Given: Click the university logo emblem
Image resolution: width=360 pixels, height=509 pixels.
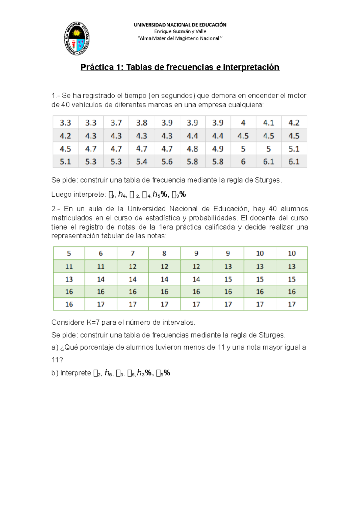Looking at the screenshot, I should pyautogui.click(x=77, y=38).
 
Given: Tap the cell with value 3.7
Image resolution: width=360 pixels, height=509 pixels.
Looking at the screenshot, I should pyautogui.click(x=116, y=123).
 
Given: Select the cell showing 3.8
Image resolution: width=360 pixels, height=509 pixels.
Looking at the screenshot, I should pyautogui.click(x=142, y=123).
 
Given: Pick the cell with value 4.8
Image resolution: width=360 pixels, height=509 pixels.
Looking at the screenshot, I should pyautogui.click(x=192, y=149).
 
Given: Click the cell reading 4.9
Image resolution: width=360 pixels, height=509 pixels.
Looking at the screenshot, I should pyautogui.click(x=218, y=149).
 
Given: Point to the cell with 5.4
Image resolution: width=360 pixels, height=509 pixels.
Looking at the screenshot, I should pyautogui.click(x=142, y=162).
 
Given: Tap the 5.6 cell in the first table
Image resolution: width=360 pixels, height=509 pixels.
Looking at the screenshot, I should pyautogui.click(x=167, y=162).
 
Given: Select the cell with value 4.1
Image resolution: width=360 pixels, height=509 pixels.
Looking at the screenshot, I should pyautogui.click(x=268, y=123).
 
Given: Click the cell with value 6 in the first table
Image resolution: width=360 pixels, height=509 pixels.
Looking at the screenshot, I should pyautogui.click(x=243, y=162).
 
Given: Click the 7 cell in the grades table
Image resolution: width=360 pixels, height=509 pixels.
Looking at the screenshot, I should pyautogui.click(x=133, y=254).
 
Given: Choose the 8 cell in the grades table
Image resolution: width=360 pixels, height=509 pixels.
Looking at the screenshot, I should pyautogui.click(x=164, y=254).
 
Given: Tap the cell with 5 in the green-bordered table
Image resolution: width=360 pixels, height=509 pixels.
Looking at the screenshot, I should pyautogui.click(x=69, y=254).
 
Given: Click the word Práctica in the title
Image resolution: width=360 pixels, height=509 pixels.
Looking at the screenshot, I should pyautogui.click(x=97, y=67).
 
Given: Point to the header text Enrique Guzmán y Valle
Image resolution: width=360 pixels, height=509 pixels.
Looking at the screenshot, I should pyautogui.click(x=180, y=31).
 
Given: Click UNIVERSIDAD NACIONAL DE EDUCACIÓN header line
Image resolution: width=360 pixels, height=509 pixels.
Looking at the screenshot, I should pyautogui.click(x=180, y=25).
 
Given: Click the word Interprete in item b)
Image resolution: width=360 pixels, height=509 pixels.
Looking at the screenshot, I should pyautogui.click(x=76, y=373).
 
